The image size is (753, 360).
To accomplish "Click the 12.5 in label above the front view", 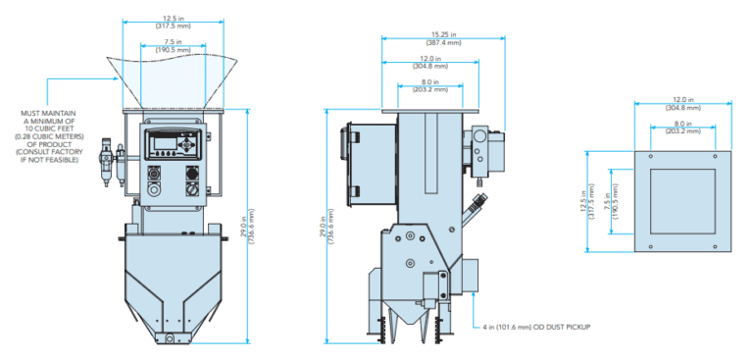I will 173,17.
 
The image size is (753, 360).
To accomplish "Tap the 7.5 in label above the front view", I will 173,41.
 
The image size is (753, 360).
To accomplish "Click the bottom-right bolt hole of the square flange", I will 716,243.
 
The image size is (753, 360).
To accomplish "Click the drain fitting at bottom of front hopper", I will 172,338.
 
